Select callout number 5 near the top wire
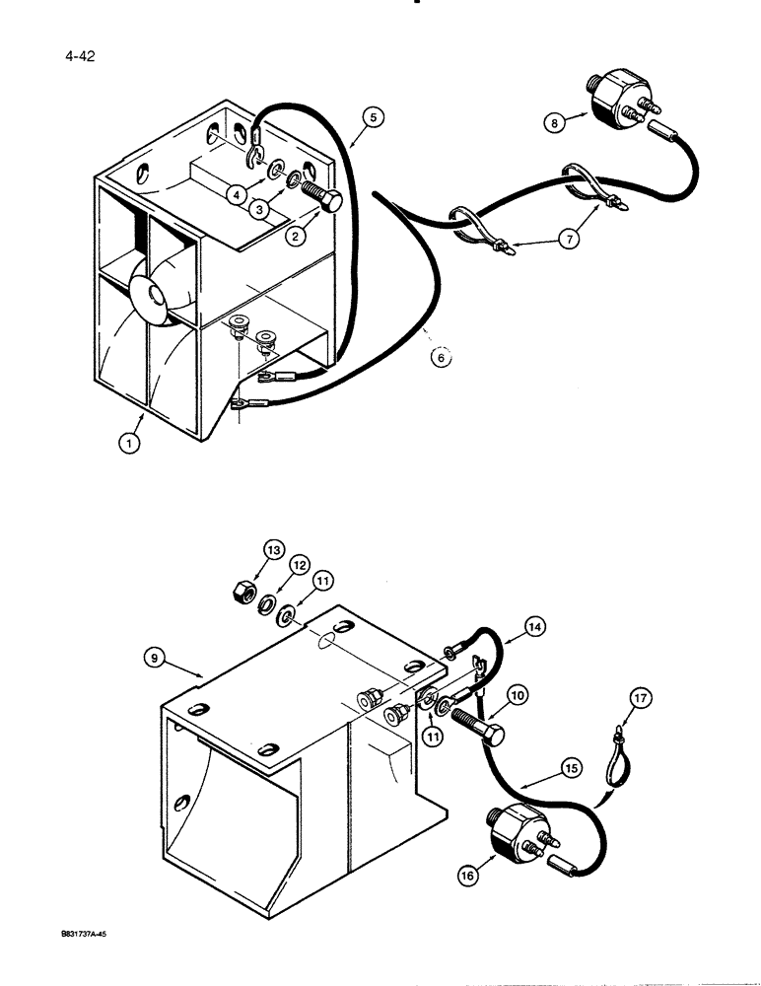pos(372,117)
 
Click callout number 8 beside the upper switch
pos(557,123)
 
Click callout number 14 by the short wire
pos(535,625)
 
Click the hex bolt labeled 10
pos(477,732)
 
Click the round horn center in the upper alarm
pos(154,294)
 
